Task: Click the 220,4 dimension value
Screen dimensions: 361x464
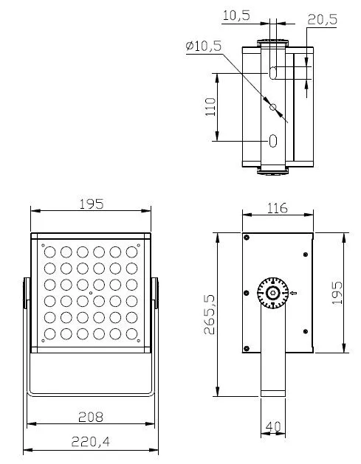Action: tap(91, 442)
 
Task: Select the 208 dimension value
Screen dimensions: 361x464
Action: tap(91, 417)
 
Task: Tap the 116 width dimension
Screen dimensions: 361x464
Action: tap(277, 208)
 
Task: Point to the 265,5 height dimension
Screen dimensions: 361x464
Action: tap(210, 314)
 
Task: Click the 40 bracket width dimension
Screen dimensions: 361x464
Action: tap(273, 426)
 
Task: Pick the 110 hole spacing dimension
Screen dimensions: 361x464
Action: tap(210, 107)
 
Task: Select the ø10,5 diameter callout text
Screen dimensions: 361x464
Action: tap(204, 46)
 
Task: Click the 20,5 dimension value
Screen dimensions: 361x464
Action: tap(322, 19)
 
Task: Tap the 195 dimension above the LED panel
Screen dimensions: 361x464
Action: tap(92, 204)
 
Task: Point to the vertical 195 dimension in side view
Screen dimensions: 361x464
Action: tap(337, 293)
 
